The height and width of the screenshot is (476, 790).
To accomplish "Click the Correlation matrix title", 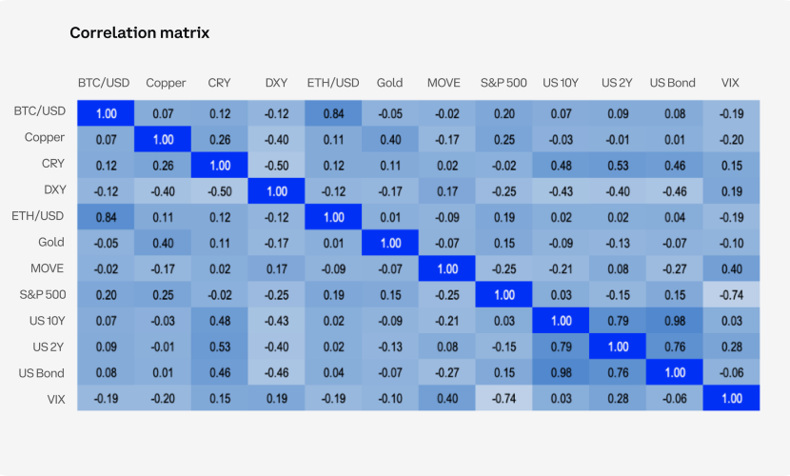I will click(x=139, y=33).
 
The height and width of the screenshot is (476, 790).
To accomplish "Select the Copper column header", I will click(x=166, y=83).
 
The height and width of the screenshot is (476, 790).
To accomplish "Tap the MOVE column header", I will click(x=444, y=83).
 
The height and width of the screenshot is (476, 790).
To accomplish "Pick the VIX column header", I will click(x=730, y=83).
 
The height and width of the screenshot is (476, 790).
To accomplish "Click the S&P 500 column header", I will click(x=504, y=83).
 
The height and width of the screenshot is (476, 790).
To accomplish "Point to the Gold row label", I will click(x=51, y=243).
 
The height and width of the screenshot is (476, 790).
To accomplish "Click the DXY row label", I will click(x=53, y=190).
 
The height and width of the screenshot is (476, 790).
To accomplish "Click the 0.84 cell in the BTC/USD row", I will click(x=333, y=113).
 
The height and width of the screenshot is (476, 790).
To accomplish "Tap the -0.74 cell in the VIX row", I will click(x=504, y=398).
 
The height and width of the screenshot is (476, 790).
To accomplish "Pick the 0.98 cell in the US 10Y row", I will click(x=673, y=320).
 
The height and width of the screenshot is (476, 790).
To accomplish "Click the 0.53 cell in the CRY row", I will click(x=616, y=165).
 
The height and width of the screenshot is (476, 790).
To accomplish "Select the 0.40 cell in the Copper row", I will click(x=389, y=139).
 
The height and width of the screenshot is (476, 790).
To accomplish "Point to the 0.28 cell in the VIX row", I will click(x=616, y=398).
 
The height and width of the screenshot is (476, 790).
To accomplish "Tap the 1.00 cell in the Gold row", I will click(x=389, y=243).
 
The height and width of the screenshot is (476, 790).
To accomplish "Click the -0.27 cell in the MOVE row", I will click(x=673, y=268).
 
